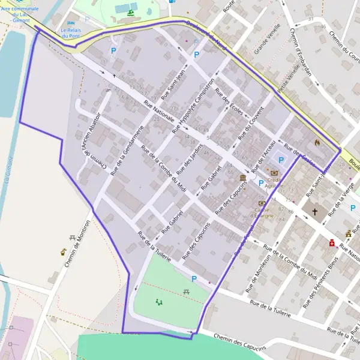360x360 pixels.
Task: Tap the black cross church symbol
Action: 314,212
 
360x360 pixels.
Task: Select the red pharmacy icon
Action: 331,243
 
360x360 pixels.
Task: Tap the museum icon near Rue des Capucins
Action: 243,178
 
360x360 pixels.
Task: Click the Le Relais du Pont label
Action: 71,32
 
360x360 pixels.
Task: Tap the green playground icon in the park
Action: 159,302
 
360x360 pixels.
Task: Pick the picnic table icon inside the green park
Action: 187,291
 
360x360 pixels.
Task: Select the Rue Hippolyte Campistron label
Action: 193,105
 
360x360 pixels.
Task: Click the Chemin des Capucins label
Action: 238,342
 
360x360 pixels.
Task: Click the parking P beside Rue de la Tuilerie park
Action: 194,279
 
